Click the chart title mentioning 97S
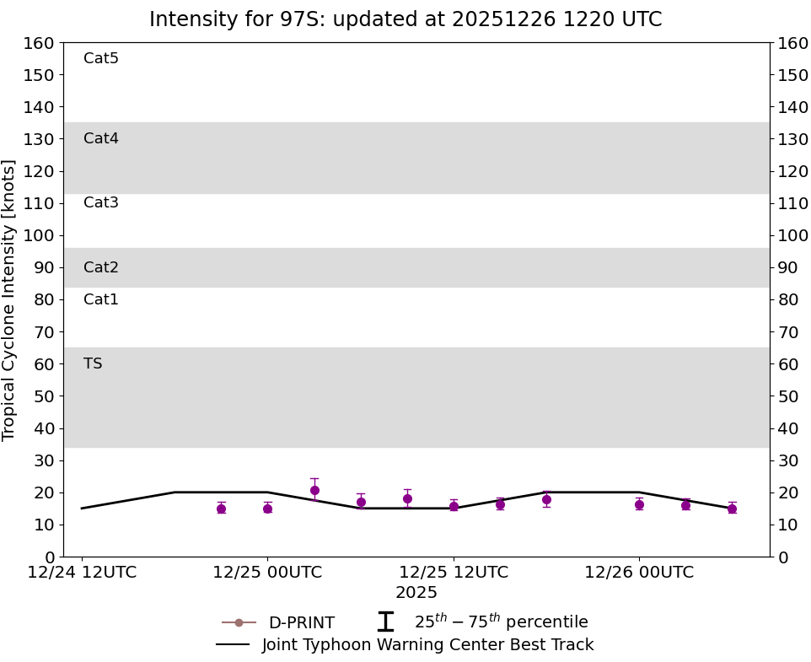[405, 19]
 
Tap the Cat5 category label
[101, 58]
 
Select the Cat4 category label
[101, 138]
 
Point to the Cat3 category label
[101, 202]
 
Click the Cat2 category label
[101, 267]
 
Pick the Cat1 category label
[101, 299]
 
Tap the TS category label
[93, 363]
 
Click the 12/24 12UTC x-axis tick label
[82, 573]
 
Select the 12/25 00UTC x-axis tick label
[267, 573]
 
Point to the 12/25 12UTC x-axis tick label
[454, 573]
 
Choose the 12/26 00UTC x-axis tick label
[639, 573]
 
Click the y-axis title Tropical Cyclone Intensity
[9, 299]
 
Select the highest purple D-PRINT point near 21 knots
[314, 490]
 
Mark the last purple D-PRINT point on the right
[732, 509]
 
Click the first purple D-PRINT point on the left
[221, 509]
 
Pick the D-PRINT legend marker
[239, 622]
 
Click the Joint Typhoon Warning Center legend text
[427, 645]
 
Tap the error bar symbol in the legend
[385, 622]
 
